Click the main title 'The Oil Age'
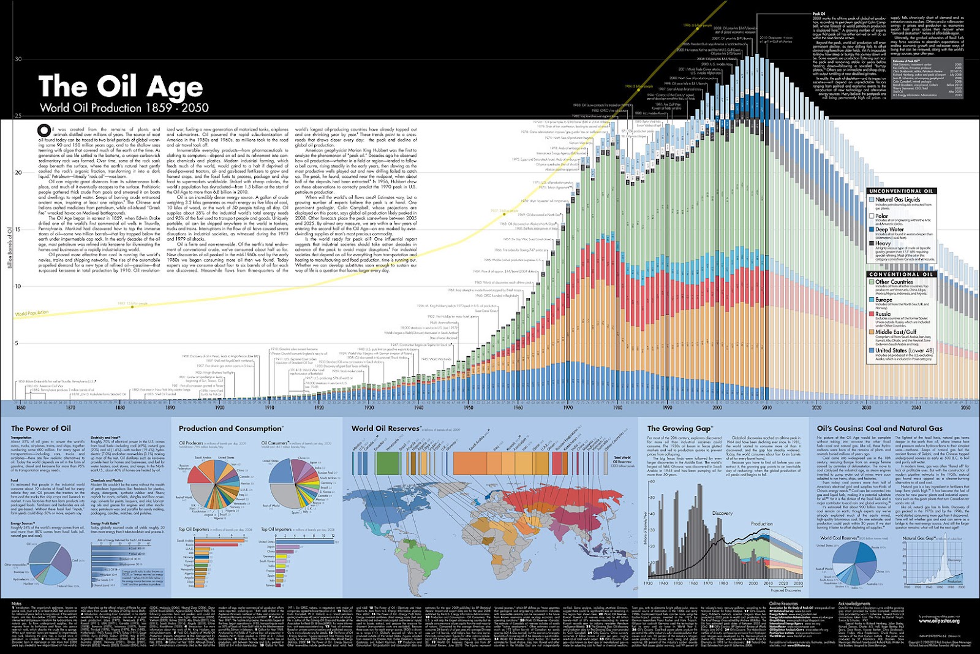(120, 86)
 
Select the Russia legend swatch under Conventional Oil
(872, 314)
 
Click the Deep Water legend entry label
(889, 230)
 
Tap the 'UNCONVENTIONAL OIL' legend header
(900, 191)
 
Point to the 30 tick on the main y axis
(18, 59)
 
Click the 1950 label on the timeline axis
(469, 407)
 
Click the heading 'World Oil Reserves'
(385, 428)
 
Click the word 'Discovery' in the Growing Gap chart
(722, 513)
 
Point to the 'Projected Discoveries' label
(785, 590)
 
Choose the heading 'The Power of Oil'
(40, 428)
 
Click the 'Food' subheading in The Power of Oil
(15, 481)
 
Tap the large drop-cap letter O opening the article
(43, 131)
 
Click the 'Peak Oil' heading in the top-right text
(819, 13)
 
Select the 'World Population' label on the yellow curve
(32, 313)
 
